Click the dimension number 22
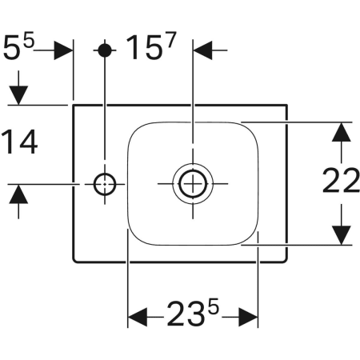(342, 182)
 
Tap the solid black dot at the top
(105, 50)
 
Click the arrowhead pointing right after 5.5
(65, 50)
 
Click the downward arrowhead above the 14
(19, 94)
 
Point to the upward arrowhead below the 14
(19, 194)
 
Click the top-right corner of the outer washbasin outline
(288, 104)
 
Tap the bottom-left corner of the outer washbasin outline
(74, 262)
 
